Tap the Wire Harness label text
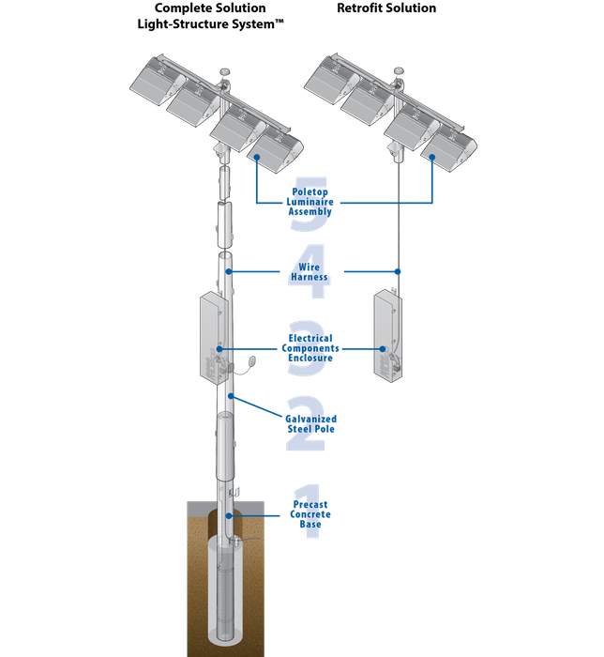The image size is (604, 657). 309,272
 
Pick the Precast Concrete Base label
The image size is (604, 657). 310,515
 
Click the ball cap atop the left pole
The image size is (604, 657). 225,70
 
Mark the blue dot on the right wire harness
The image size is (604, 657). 400,271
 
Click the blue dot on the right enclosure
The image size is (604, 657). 384,349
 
